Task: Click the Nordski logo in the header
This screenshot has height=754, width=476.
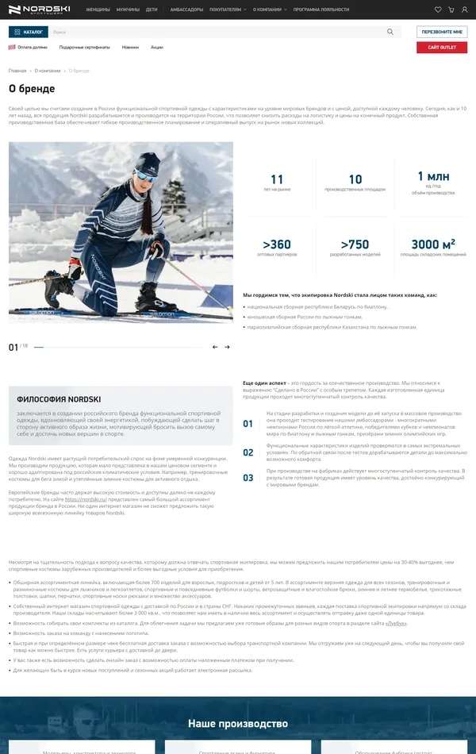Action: click(37, 10)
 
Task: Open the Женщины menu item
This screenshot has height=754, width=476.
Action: click(98, 10)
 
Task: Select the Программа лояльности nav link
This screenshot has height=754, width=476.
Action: click(321, 10)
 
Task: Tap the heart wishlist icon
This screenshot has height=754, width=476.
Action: click(438, 10)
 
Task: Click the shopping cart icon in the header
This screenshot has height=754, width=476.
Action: click(451, 10)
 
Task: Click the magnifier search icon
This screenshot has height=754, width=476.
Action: click(390, 32)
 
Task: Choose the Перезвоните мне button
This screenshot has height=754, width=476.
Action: click(442, 32)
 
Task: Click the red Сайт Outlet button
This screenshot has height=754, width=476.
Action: click(442, 48)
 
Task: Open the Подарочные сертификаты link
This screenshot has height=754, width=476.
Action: click(84, 47)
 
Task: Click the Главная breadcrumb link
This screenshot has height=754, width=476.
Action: click(17, 71)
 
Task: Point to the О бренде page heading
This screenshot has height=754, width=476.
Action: click(32, 88)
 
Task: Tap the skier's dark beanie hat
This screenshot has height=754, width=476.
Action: click(147, 162)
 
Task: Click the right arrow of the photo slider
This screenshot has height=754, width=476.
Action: click(227, 347)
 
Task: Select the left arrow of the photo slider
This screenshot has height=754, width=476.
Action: click(215, 347)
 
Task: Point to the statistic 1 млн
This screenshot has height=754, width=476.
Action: click(433, 177)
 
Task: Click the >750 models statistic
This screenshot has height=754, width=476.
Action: click(355, 244)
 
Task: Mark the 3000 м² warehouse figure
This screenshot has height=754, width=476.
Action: click(433, 244)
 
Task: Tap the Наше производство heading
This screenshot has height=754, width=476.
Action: click(237, 724)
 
